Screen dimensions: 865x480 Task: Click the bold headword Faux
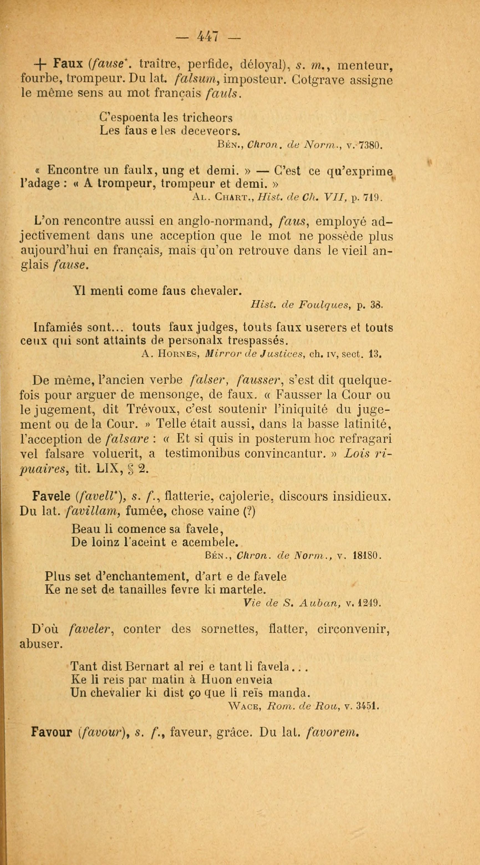[68, 63]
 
